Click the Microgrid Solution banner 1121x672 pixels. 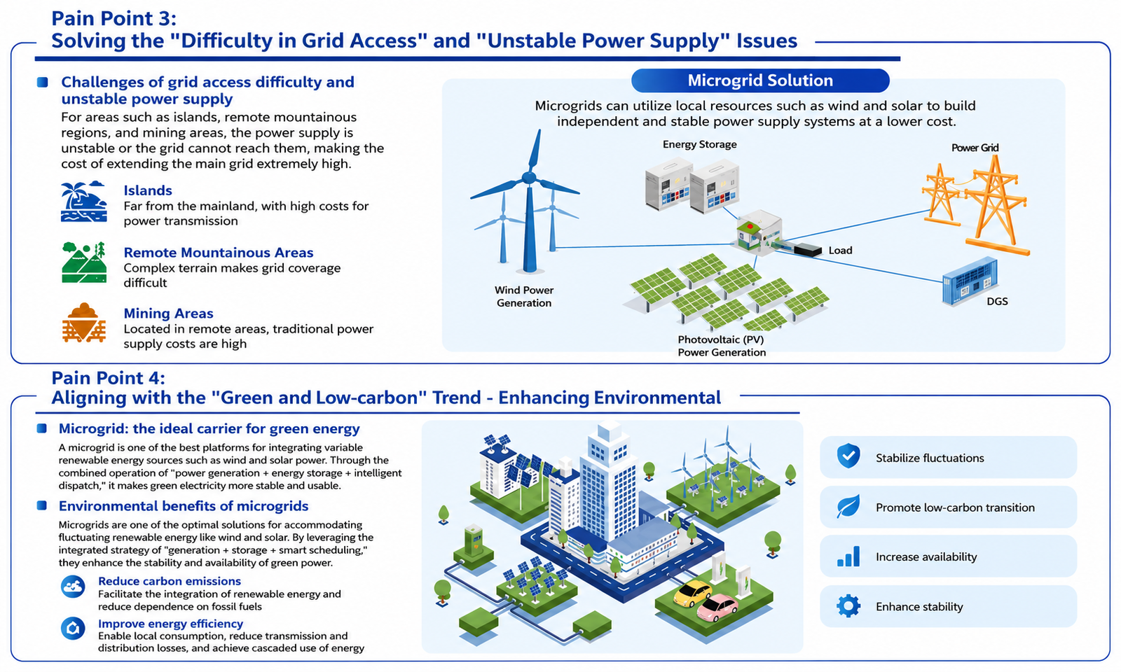coord(760,80)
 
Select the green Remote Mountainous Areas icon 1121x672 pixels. coord(84,262)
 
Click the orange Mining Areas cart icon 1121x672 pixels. coord(83,323)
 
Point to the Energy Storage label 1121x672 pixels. coord(700,144)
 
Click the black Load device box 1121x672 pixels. coord(807,249)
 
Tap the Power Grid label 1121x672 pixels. coord(975,148)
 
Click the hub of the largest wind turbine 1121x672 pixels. coord(528,178)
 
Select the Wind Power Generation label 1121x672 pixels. coord(524,297)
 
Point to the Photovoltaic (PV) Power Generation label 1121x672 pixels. coord(722,346)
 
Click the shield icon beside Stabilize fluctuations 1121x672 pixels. coord(848,456)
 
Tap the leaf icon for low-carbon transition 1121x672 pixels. coord(848,507)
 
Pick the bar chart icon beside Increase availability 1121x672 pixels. coord(848,556)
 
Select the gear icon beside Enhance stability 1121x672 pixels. coord(848,606)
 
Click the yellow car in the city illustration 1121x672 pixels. coord(693,594)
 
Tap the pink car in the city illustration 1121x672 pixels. coord(717,608)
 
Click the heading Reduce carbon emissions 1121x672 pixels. coord(169,581)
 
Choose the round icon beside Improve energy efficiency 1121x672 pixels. coord(73,629)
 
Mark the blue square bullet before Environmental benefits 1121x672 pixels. coord(42,505)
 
